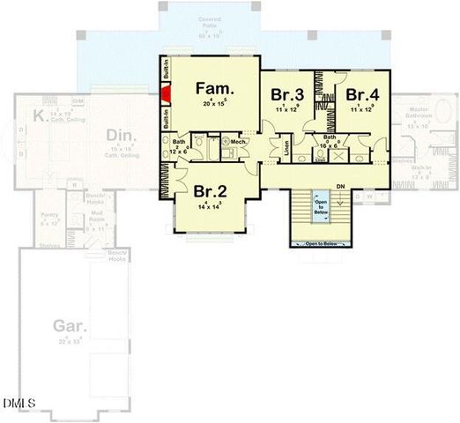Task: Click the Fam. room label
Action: [214, 89]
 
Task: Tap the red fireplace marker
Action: [165, 93]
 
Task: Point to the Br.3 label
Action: [287, 94]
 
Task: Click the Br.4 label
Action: [361, 94]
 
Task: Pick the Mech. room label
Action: [239, 141]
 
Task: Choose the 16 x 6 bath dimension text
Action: [330, 142]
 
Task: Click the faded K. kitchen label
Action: [40, 115]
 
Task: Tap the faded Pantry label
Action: [48, 217]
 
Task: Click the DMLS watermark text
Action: [19, 404]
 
